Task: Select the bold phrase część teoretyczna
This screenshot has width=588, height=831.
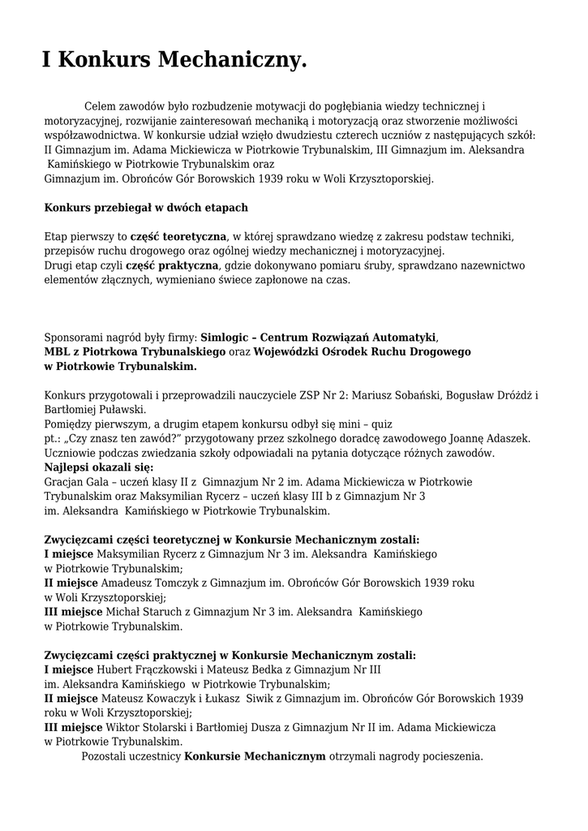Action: (x=178, y=236)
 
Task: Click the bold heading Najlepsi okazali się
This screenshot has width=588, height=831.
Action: (x=98, y=467)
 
